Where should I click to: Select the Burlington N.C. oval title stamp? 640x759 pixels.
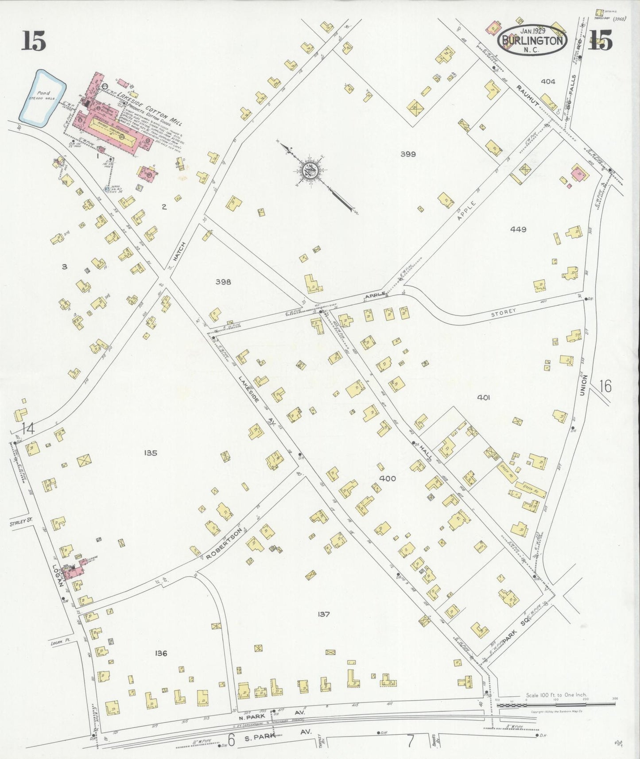[533, 40]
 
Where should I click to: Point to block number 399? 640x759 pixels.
[407, 154]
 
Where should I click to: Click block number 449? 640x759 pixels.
[518, 229]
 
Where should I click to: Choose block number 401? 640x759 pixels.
[483, 398]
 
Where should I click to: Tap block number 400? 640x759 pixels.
[388, 478]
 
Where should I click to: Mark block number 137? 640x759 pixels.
[324, 614]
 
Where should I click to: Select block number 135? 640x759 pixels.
[151, 453]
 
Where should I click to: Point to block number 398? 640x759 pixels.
[223, 282]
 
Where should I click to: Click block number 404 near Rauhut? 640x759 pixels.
[548, 81]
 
